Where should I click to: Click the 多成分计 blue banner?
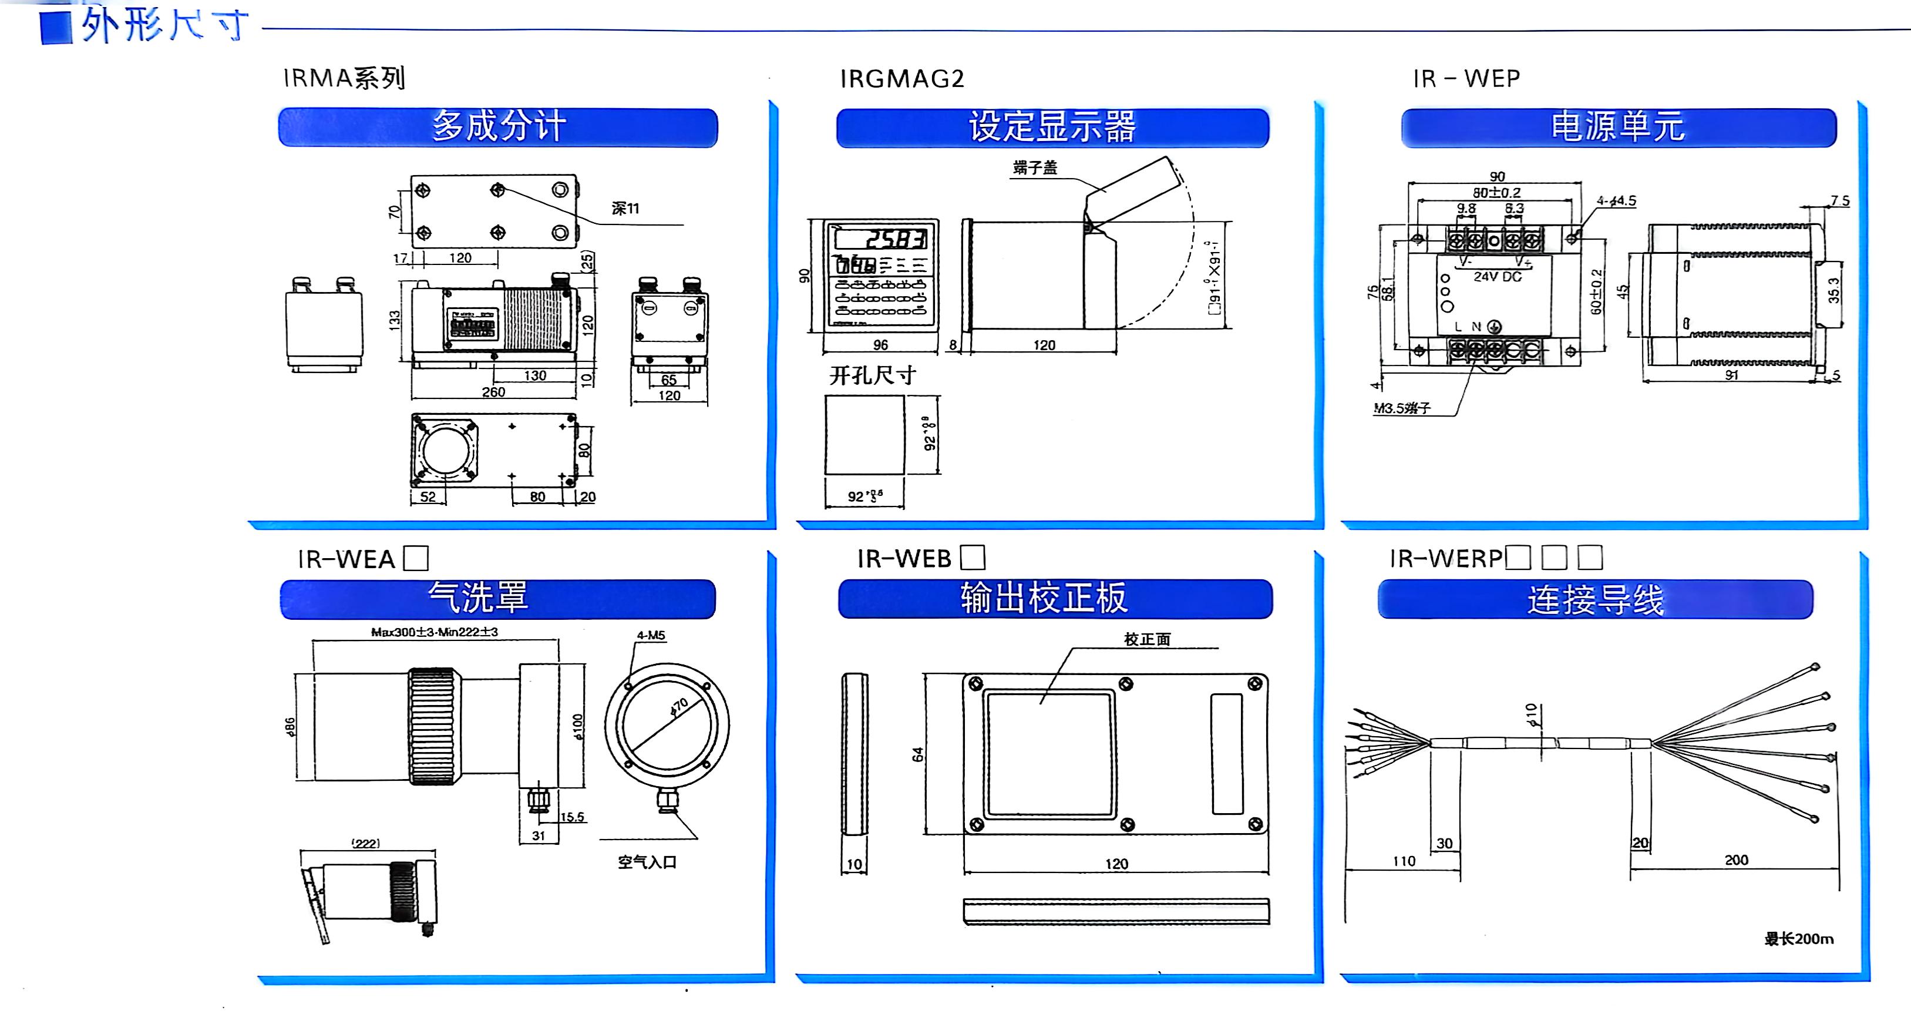498,127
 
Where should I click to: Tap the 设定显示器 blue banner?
1052,127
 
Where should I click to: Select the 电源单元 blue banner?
1618,127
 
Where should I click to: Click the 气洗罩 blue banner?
497,598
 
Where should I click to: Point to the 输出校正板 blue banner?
1054,598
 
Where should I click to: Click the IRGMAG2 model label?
901,79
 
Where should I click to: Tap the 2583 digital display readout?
896,239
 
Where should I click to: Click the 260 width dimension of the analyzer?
493,392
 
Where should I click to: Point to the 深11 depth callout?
625,209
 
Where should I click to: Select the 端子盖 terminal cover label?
1035,167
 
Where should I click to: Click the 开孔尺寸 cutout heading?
873,375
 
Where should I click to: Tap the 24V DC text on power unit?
1497,277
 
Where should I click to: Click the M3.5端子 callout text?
1402,408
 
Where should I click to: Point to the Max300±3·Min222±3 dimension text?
435,632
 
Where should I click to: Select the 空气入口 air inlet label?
647,862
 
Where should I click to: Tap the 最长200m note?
1798,939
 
